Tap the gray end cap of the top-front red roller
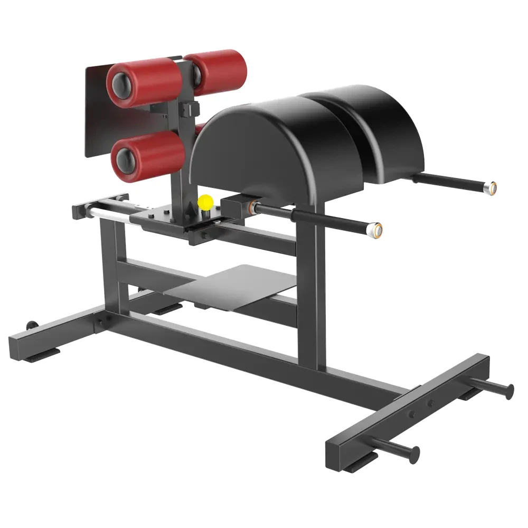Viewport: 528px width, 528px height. coord(122,84)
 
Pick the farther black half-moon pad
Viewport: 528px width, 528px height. coord(370,127)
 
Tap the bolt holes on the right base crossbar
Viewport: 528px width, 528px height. coord(423,407)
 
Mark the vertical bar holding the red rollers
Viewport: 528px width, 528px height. coord(180,158)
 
